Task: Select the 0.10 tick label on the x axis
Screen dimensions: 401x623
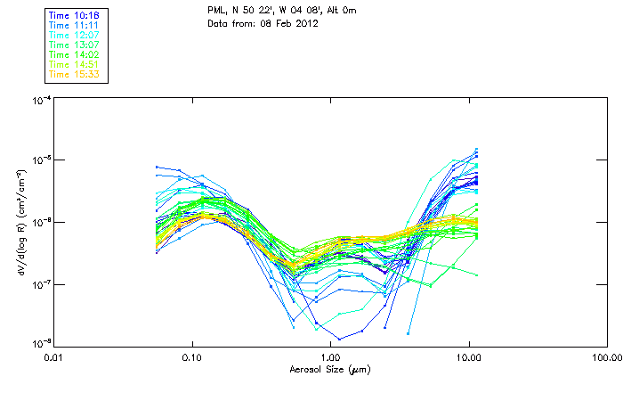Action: [192, 357]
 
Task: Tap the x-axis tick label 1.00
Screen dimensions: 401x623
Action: [330, 357]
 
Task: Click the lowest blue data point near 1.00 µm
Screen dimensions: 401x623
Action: [339, 339]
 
